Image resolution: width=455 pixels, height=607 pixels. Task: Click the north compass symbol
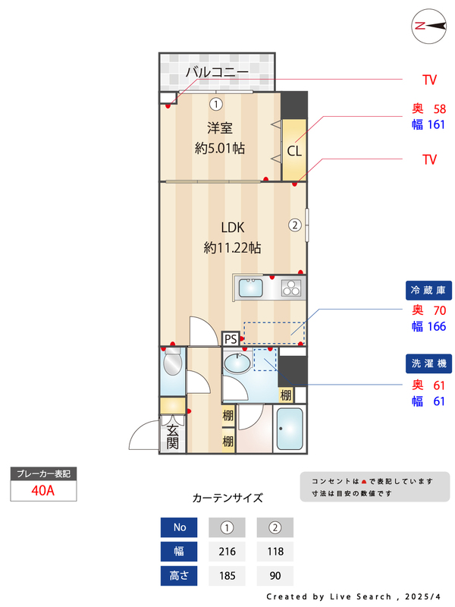click(x=428, y=26)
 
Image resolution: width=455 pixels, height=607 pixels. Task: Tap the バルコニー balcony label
click(x=217, y=73)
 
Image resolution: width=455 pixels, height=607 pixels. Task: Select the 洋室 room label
click(x=219, y=127)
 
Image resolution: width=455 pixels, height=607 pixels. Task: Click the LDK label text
click(x=232, y=227)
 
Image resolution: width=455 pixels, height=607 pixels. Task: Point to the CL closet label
click(x=294, y=150)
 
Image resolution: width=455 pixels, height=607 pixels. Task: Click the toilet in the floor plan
click(x=173, y=363)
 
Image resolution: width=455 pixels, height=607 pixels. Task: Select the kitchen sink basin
click(x=251, y=288)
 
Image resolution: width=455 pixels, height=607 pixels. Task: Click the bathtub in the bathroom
click(x=289, y=430)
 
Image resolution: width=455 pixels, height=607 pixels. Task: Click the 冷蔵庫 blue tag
click(x=428, y=290)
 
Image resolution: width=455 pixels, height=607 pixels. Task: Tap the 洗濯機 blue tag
click(x=428, y=364)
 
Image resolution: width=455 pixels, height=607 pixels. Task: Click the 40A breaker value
click(x=43, y=489)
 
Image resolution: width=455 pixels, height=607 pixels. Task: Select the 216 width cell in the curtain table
click(x=226, y=551)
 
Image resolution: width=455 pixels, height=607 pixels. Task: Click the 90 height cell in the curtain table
click(x=275, y=575)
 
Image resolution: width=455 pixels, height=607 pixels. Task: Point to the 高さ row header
click(x=180, y=575)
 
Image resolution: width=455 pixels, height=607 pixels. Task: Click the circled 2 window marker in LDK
click(x=294, y=225)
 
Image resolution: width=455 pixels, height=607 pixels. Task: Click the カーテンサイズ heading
click(x=227, y=498)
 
